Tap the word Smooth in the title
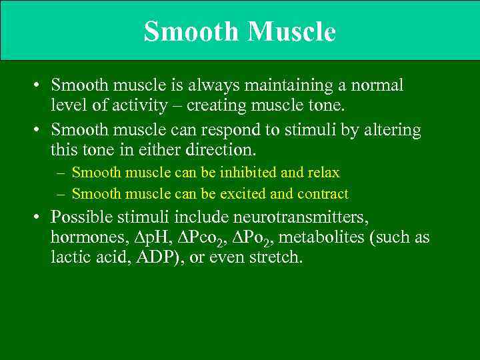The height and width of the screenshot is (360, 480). pos(190,31)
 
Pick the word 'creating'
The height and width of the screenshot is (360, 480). pos(217,105)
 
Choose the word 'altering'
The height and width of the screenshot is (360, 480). pos(392,129)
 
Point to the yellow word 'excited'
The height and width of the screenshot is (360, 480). pos(245,194)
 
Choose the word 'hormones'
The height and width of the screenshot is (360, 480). pos(83,237)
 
